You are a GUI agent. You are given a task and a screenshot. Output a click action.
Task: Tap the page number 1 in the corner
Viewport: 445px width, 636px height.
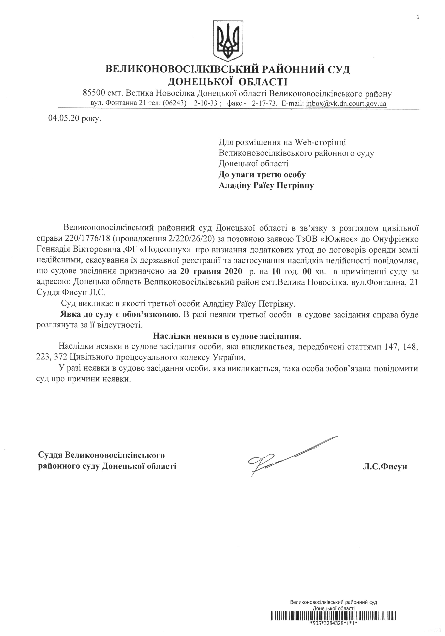point(418,17)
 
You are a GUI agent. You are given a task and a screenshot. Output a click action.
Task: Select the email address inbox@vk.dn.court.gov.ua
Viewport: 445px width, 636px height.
point(346,104)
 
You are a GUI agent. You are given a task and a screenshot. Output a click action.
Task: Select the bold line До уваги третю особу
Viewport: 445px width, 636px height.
point(262,175)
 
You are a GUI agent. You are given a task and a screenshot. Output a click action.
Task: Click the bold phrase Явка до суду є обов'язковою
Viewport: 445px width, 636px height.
point(121,315)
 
